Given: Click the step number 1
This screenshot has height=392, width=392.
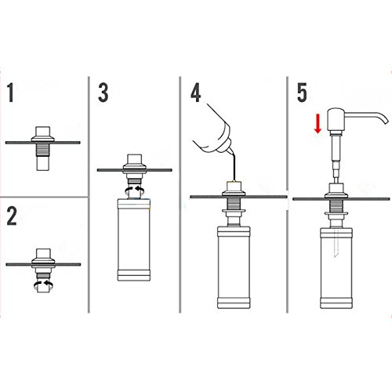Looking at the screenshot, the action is click(10, 93).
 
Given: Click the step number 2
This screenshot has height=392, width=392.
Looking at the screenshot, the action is click(12, 216).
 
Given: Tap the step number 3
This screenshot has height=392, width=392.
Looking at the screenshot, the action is click(103, 93).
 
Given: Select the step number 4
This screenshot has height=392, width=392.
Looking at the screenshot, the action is click(196, 93).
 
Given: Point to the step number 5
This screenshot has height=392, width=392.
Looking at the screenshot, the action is click(302, 93).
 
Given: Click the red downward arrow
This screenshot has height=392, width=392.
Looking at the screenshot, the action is click(318, 123).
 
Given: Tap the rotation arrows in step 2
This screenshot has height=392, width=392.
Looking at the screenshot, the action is click(44, 285).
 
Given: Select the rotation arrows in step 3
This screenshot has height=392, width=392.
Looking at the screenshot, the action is click(135, 190).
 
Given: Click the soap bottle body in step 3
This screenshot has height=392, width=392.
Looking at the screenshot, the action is click(134, 240).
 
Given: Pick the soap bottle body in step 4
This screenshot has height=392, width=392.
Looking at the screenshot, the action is click(234, 267).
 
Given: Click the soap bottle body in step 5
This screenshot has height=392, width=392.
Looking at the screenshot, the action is click(336, 268).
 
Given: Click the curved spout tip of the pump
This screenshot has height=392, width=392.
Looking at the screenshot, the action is click(385, 122).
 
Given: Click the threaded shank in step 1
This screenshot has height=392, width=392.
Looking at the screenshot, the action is click(42, 150).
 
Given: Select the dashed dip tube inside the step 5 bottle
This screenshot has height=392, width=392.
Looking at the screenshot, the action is click(336, 242).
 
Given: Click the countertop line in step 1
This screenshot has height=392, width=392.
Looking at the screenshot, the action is click(43, 143).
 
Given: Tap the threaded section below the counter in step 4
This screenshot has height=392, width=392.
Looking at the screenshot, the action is click(234, 203).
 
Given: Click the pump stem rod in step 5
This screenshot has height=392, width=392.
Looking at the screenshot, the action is click(336, 158).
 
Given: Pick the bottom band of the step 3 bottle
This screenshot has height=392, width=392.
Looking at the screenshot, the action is click(134, 275).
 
